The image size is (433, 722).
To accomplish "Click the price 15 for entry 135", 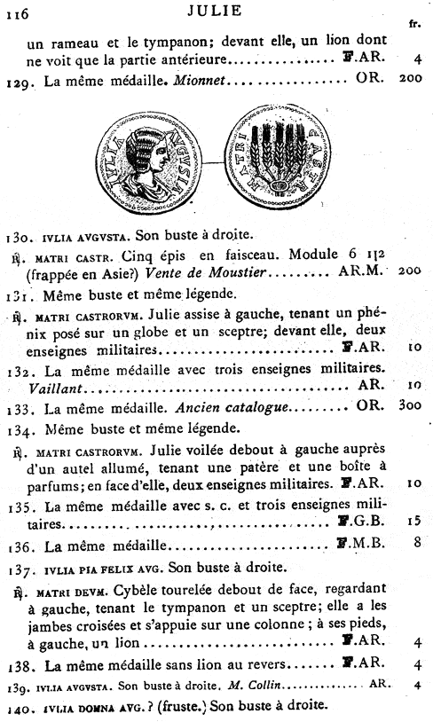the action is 412,522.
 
